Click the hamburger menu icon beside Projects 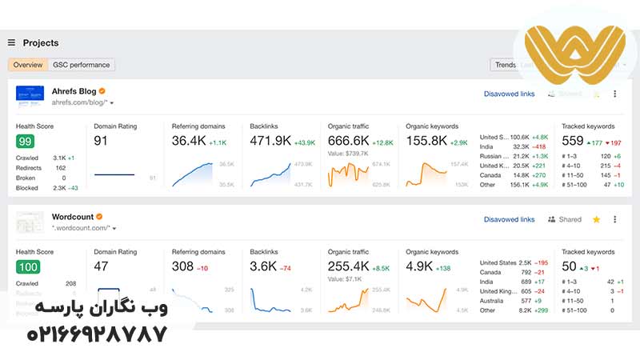(x=11, y=43)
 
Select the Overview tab (x=28, y=65)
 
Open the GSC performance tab (x=82, y=65)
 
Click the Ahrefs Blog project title (x=74, y=91)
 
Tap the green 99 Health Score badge (x=25, y=142)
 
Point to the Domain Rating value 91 (x=102, y=141)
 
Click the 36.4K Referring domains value (x=189, y=141)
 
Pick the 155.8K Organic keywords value (x=426, y=141)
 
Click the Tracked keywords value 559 (x=573, y=141)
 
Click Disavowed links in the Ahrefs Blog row (x=509, y=94)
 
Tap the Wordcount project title (x=72, y=217)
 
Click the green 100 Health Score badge (x=27, y=266)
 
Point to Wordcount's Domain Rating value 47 (x=102, y=266)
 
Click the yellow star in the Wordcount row (x=596, y=219)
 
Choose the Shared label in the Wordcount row (x=570, y=219)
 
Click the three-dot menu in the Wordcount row (x=614, y=219)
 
